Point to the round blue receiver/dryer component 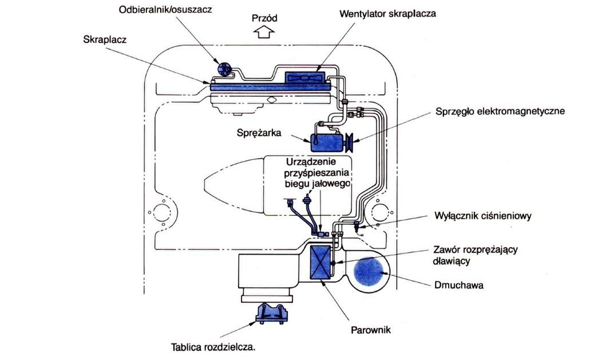pyautogui.click(x=224, y=70)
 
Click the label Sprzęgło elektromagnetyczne pyautogui.click(x=500, y=111)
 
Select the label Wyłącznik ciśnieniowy pyautogui.click(x=484, y=216)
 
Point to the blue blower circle pyautogui.click(x=369, y=272)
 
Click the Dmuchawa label pyautogui.click(x=459, y=284)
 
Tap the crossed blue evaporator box pyautogui.click(x=320, y=263)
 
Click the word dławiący pyautogui.click(x=451, y=261)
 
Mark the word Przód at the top pyautogui.click(x=264, y=18)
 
